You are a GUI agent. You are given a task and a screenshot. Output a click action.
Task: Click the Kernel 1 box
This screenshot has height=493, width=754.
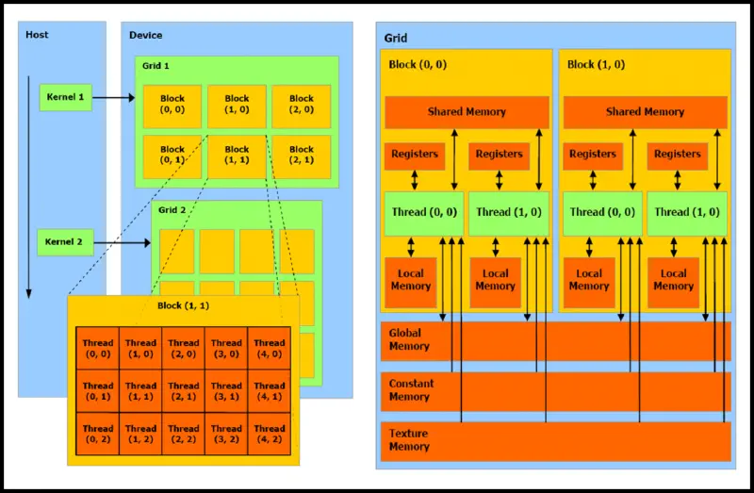(66, 97)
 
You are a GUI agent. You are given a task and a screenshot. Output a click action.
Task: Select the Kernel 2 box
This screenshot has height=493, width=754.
(66, 242)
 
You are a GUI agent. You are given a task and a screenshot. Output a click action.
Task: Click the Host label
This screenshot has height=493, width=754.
(38, 35)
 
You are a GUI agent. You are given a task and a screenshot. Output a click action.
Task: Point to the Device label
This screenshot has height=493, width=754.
(146, 35)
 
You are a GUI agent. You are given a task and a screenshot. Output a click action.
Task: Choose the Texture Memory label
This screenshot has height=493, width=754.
(409, 440)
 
